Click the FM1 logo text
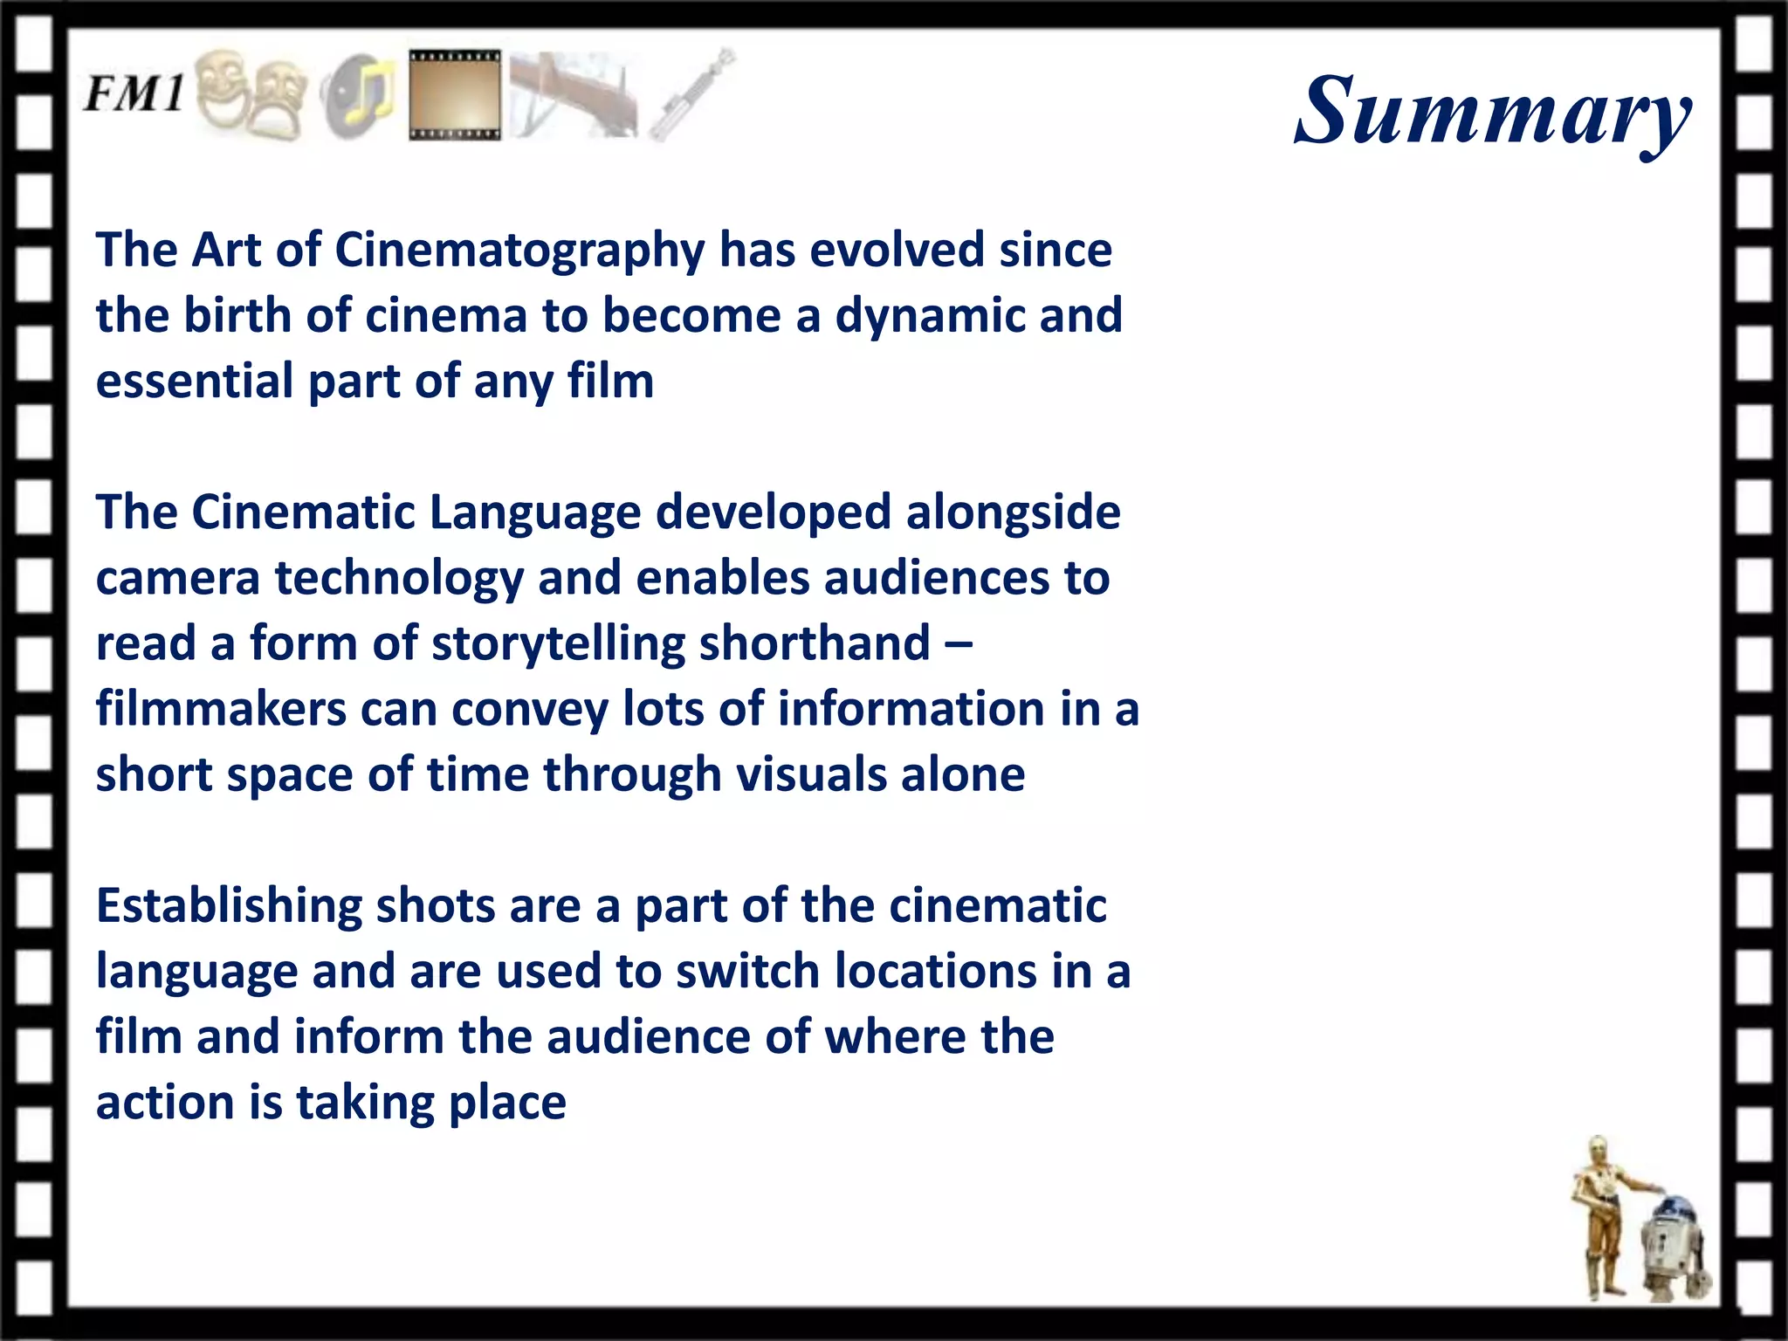click(134, 93)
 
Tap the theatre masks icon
click(251, 94)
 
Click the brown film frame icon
click(455, 95)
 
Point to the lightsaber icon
click(693, 93)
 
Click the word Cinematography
click(519, 251)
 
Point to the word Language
click(534, 513)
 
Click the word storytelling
click(558, 644)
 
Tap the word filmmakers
click(221, 709)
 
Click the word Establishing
click(229, 906)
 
